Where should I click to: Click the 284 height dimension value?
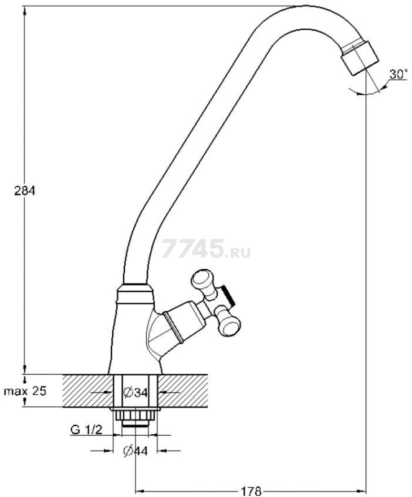[25, 191]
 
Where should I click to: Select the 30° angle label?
[398, 74]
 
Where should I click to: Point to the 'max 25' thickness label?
[25, 391]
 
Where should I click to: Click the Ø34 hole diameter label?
[136, 393]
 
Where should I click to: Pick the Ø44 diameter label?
[136, 451]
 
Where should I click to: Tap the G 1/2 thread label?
[87, 430]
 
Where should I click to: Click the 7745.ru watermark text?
[205, 249]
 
